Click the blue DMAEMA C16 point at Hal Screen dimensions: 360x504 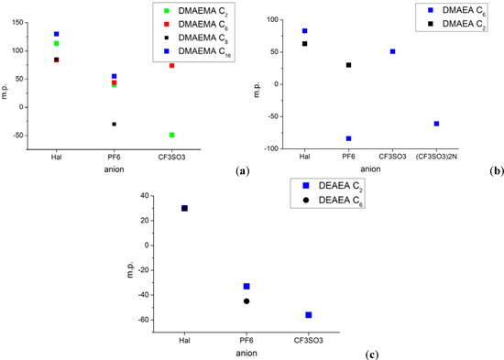(x=57, y=34)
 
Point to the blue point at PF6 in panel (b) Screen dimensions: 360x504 (x=349, y=138)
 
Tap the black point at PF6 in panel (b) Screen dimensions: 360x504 (x=349, y=65)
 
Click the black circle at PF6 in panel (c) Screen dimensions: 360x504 (x=247, y=301)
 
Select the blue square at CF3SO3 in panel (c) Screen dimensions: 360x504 (x=309, y=315)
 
